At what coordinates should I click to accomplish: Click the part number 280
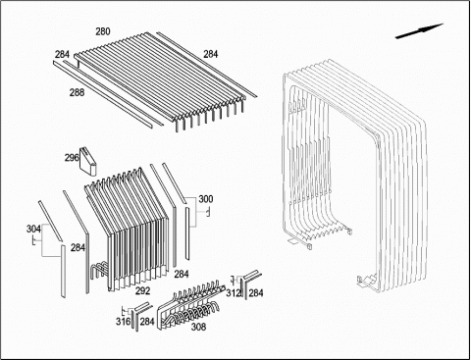pyautogui.click(x=103, y=31)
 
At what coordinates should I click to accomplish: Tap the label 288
pyautogui.click(x=77, y=92)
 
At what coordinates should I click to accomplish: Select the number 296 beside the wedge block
pyautogui.click(x=72, y=158)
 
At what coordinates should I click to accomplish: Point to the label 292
pyautogui.click(x=143, y=290)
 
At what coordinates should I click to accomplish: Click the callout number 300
pyautogui.click(x=206, y=199)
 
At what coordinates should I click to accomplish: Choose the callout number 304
pyautogui.click(x=33, y=229)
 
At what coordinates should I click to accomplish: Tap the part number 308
pyautogui.click(x=198, y=327)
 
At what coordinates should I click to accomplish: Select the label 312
pyautogui.click(x=234, y=293)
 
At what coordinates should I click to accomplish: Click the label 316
pyautogui.click(x=123, y=322)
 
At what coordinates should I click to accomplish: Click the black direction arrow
pyautogui.click(x=419, y=31)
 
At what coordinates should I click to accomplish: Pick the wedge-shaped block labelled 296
pyautogui.click(x=88, y=162)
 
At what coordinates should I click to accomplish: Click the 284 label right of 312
pyautogui.click(x=256, y=293)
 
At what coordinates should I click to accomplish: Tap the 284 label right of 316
pyautogui.click(x=147, y=322)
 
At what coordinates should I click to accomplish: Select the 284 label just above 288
pyautogui.click(x=62, y=54)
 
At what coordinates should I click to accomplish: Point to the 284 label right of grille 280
pyautogui.click(x=211, y=54)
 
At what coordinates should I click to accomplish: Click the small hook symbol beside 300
pyautogui.click(x=207, y=213)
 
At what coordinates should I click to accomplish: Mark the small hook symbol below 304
pyautogui.click(x=33, y=240)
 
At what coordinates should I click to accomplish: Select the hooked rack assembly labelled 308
pyautogui.click(x=191, y=305)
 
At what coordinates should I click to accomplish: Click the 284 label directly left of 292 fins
pyautogui.click(x=78, y=248)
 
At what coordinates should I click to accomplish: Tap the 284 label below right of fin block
pyautogui.click(x=182, y=274)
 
